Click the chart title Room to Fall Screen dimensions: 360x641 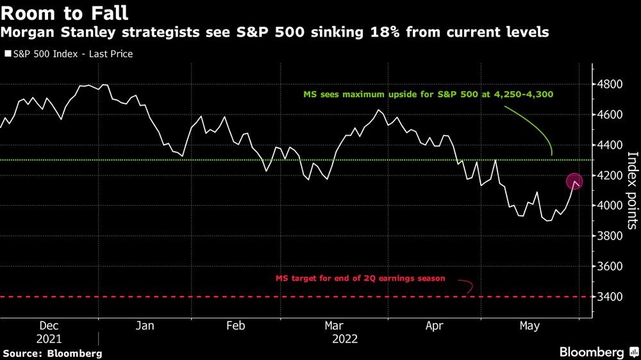65,12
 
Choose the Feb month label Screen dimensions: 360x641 235,326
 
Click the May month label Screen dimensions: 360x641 529,326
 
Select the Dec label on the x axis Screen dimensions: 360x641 49,326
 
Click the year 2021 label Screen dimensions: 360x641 49,339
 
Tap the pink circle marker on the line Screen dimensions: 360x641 574,182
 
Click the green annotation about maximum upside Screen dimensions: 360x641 428,94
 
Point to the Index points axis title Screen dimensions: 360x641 632,190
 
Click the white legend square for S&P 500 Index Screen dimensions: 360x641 7,54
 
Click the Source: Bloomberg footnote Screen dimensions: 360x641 53,353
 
